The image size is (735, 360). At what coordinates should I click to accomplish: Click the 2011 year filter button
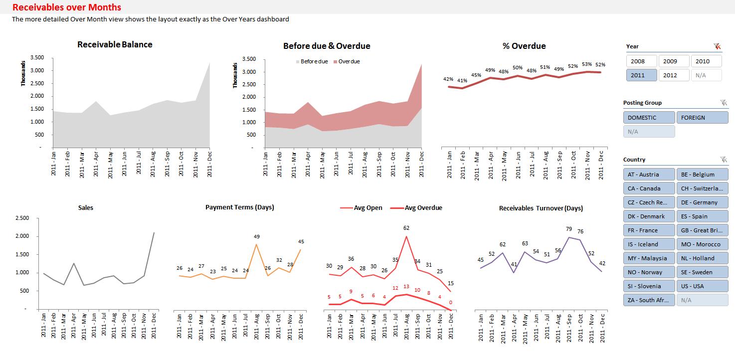641,75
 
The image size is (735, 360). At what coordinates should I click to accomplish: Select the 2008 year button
641,61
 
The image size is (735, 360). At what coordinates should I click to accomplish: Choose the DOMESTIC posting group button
649,118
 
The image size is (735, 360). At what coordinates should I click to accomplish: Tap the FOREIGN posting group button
702,118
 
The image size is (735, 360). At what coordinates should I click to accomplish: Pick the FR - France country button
649,230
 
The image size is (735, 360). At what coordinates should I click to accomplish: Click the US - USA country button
702,286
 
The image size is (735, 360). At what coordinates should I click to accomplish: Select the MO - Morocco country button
702,244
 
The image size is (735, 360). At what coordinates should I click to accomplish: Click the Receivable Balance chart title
115,44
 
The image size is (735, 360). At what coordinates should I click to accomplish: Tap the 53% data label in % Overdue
587,64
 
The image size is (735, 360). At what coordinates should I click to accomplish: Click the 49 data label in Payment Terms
257,236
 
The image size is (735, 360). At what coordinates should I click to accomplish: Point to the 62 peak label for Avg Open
406,228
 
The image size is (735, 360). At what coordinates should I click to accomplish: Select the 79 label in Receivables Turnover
569,229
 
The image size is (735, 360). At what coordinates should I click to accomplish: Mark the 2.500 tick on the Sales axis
22,218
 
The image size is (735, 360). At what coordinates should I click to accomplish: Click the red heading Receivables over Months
66,7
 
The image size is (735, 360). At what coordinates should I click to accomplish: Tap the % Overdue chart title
524,46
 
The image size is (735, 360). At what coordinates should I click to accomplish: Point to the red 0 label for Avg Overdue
450,302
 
